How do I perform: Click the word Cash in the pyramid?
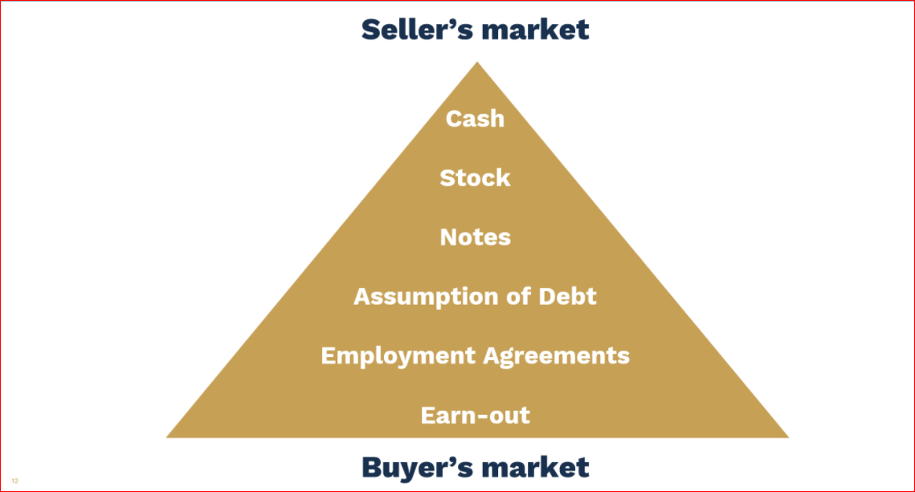click(x=475, y=118)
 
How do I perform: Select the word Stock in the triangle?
click(x=475, y=178)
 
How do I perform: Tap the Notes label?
click(x=475, y=237)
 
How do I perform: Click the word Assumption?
click(x=426, y=297)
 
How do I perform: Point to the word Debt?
click(x=567, y=296)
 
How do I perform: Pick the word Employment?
click(x=398, y=357)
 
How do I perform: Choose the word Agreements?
click(x=557, y=357)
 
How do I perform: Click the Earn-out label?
click(x=475, y=415)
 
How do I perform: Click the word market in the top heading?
click(x=530, y=30)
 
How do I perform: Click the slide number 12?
click(x=14, y=481)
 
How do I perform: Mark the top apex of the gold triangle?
click(x=477, y=62)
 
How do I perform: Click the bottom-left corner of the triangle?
click(x=167, y=437)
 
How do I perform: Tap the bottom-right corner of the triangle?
click(x=788, y=437)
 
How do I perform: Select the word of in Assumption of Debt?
click(x=518, y=296)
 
